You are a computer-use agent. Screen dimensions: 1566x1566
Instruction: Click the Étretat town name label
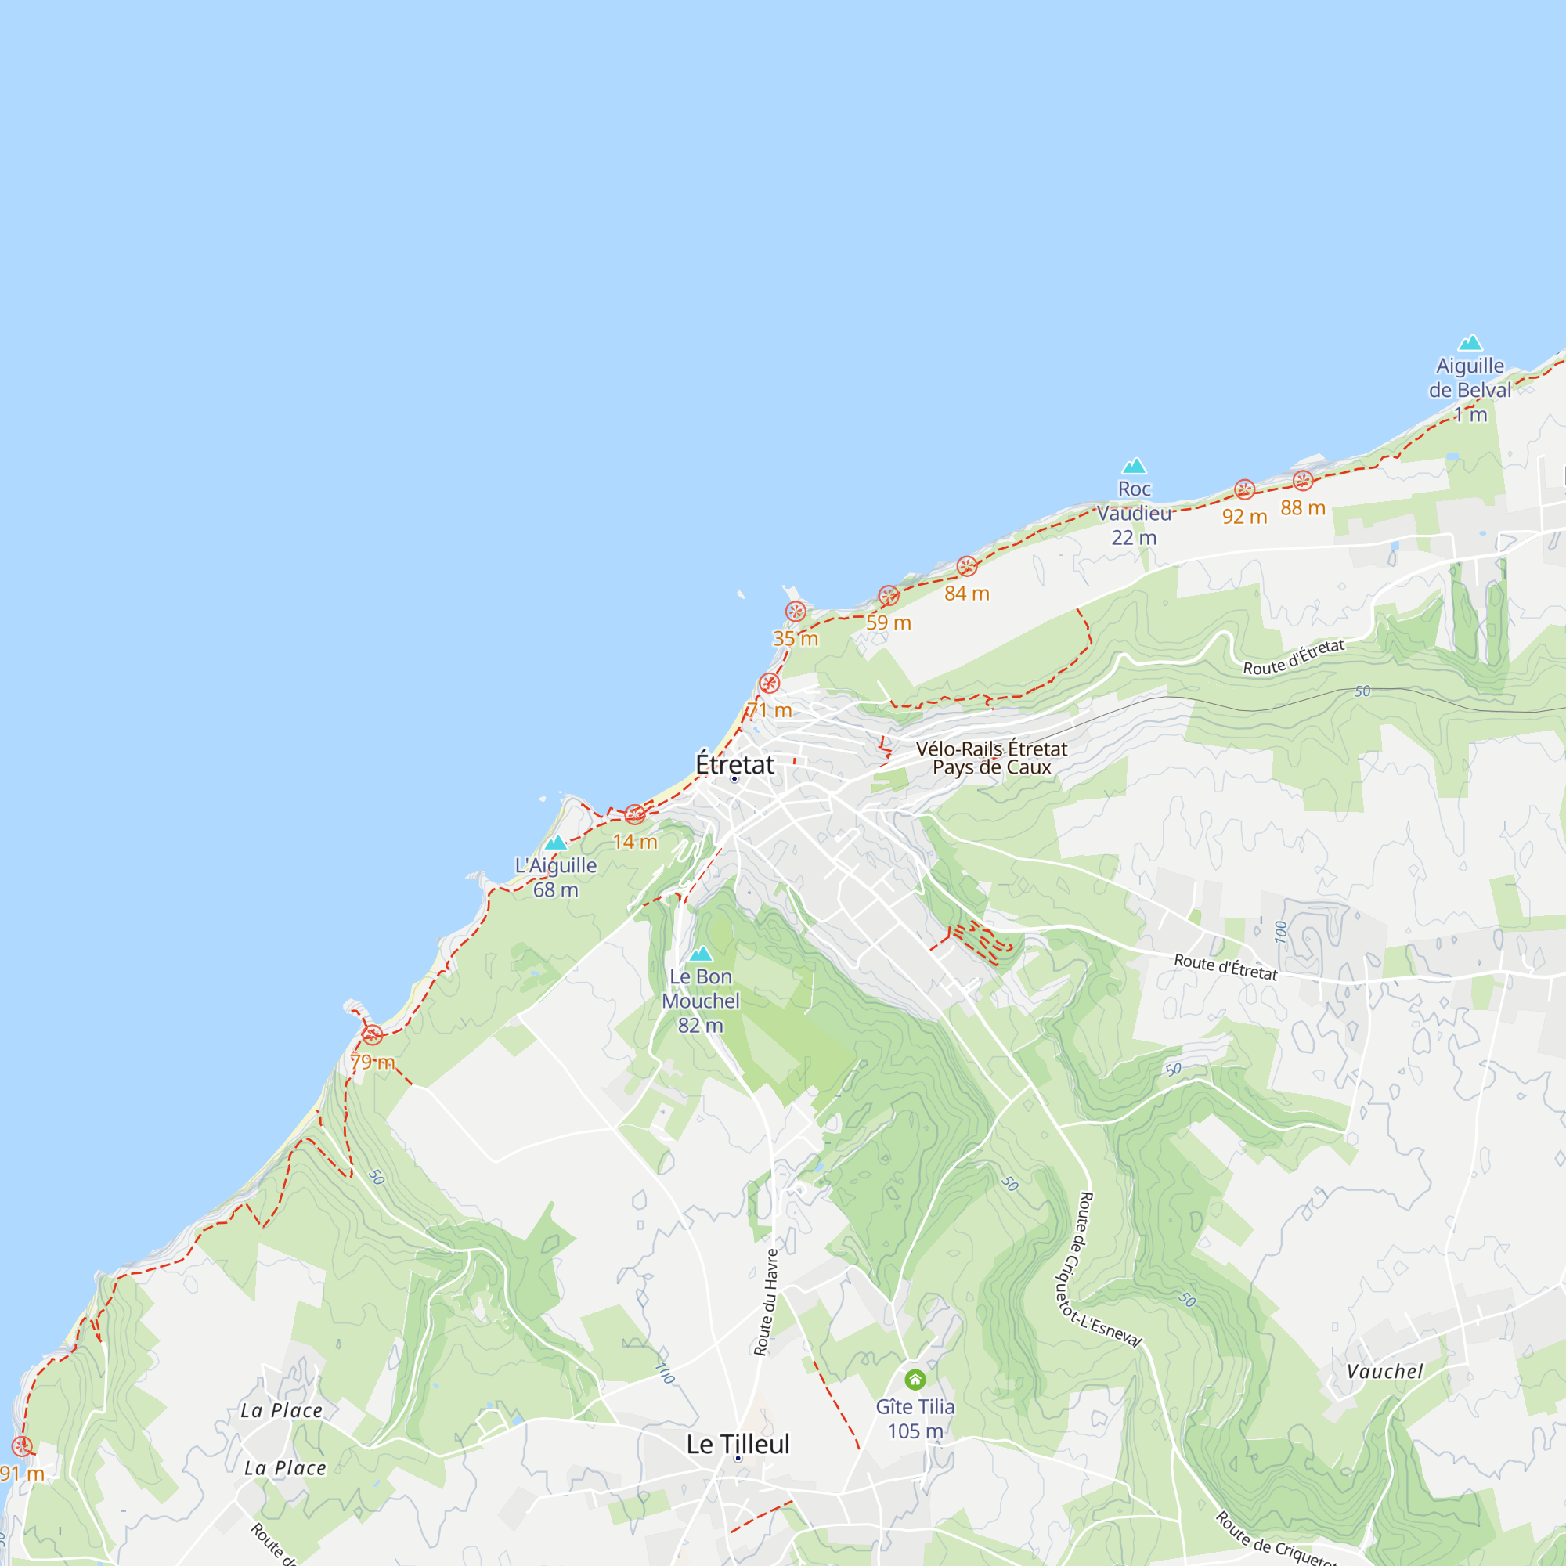(x=734, y=764)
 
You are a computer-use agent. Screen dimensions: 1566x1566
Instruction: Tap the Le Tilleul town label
(x=738, y=1444)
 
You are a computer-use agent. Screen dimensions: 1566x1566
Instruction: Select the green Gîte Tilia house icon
(x=915, y=1380)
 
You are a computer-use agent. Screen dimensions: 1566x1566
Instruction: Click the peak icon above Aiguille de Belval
(x=1470, y=343)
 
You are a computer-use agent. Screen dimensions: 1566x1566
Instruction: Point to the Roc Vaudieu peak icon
(x=1134, y=466)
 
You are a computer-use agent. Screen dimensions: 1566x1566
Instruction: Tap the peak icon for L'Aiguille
(x=556, y=843)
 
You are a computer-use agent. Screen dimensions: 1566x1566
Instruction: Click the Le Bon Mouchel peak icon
(x=701, y=954)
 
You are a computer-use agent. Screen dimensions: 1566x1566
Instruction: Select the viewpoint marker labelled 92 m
(x=1244, y=489)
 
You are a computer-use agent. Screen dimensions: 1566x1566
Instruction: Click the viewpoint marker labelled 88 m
(x=1303, y=481)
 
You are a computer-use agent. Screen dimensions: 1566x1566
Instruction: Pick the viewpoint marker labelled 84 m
(x=967, y=567)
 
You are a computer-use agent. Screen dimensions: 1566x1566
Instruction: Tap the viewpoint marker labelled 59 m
(x=889, y=596)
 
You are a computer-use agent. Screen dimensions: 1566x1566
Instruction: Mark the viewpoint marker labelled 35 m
(x=796, y=612)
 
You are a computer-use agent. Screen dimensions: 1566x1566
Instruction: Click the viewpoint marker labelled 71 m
(x=769, y=684)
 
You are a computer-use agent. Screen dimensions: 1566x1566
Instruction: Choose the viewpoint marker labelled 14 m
(x=635, y=814)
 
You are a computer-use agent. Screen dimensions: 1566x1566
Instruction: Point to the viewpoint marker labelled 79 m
(x=372, y=1035)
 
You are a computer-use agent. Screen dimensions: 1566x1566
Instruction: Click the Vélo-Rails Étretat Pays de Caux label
(x=991, y=758)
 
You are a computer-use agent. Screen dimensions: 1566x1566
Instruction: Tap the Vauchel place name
(x=1384, y=1372)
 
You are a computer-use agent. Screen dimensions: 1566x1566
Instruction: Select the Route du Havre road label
(x=766, y=1303)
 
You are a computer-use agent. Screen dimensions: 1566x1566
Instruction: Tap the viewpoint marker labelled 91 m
(x=22, y=1446)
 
